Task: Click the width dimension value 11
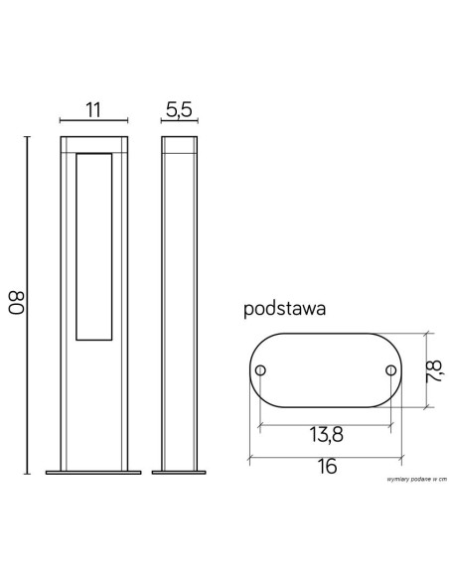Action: click(x=92, y=110)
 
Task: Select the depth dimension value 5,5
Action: click(x=179, y=110)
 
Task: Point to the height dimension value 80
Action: click(x=17, y=302)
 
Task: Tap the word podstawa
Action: click(x=286, y=309)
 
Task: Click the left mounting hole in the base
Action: click(x=259, y=370)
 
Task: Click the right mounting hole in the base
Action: click(x=390, y=370)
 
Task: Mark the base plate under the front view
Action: click(x=93, y=473)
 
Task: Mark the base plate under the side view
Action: click(x=179, y=473)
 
